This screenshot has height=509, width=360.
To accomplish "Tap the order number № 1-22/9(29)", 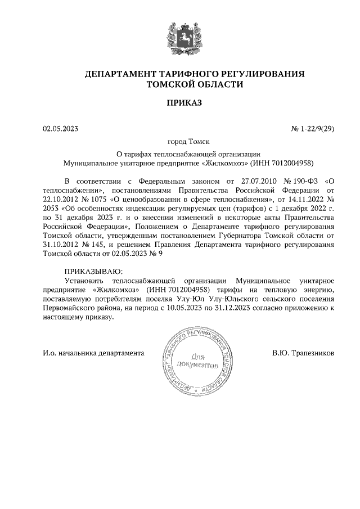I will tap(313, 129).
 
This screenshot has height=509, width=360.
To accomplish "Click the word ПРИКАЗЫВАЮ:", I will tap(92, 271).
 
